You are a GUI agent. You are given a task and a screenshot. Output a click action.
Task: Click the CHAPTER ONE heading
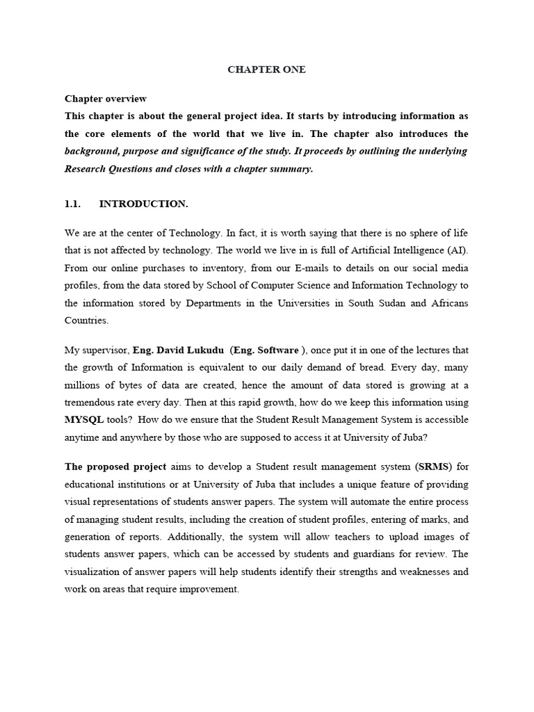point(267,70)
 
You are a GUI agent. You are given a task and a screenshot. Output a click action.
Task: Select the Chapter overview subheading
point(106,99)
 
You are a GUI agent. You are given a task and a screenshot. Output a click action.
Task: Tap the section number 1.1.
point(73,204)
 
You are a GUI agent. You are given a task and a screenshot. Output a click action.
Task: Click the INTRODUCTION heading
point(143,204)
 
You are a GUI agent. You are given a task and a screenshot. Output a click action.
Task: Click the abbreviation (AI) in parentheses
point(453,249)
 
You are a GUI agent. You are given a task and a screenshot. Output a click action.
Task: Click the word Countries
point(87,321)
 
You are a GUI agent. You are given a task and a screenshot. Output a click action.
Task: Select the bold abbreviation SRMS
point(432,466)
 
